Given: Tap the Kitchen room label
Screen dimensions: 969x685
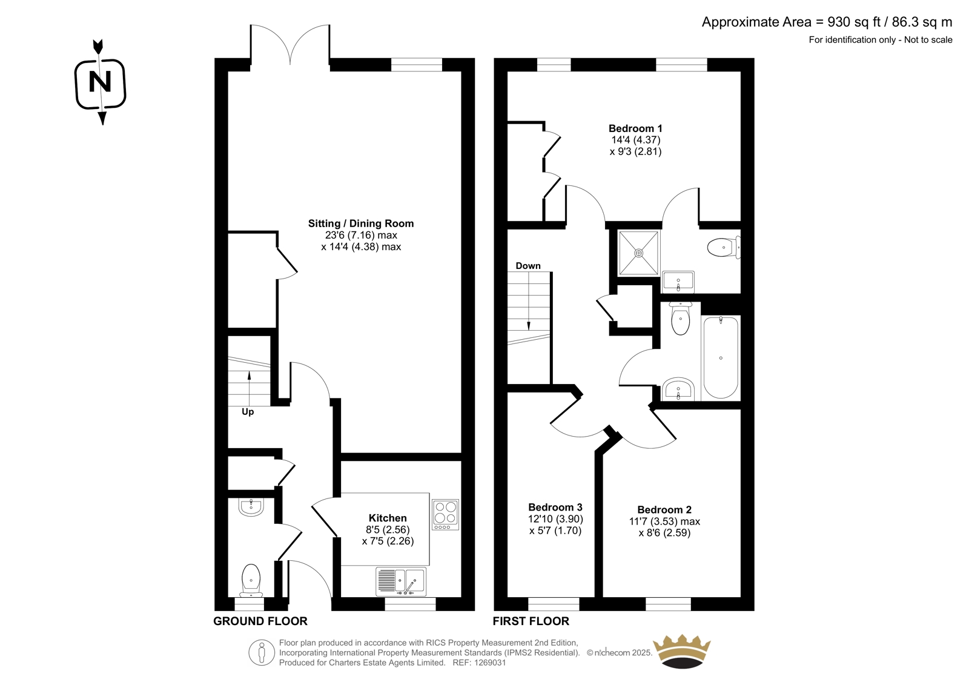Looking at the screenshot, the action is click(x=388, y=518).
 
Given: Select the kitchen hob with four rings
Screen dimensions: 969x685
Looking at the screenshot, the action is click(x=445, y=515).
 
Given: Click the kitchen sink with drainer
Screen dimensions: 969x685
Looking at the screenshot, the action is click(x=401, y=581).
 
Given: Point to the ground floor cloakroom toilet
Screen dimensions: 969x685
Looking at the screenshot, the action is click(x=251, y=581).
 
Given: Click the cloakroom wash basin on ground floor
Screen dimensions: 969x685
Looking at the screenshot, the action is click(x=251, y=507).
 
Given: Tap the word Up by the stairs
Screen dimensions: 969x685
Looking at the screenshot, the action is click(x=248, y=411).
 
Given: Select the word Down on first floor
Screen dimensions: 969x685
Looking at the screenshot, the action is click(x=527, y=266).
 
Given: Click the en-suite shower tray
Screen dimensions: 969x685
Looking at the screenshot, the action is click(x=639, y=253).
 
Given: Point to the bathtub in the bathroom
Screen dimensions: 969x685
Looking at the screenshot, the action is click(x=721, y=357).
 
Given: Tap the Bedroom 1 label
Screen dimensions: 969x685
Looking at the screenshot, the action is click(x=635, y=128).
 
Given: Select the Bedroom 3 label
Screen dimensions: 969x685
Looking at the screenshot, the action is click(x=555, y=507).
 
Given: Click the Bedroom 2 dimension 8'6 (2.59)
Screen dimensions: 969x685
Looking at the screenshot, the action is click(x=664, y=533).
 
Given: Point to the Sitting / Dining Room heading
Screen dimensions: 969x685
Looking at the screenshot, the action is click(x=361, y=223).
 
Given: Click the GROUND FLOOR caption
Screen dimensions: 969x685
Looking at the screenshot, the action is click(x=260, y=621).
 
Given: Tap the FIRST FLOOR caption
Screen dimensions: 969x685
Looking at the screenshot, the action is click(x=531, y=621).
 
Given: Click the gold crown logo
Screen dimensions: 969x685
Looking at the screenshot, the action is click(x=682, y=651).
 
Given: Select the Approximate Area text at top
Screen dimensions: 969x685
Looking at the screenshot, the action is click(x=827, y=22).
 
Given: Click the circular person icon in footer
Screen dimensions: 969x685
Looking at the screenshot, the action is click(x=262, y=652).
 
